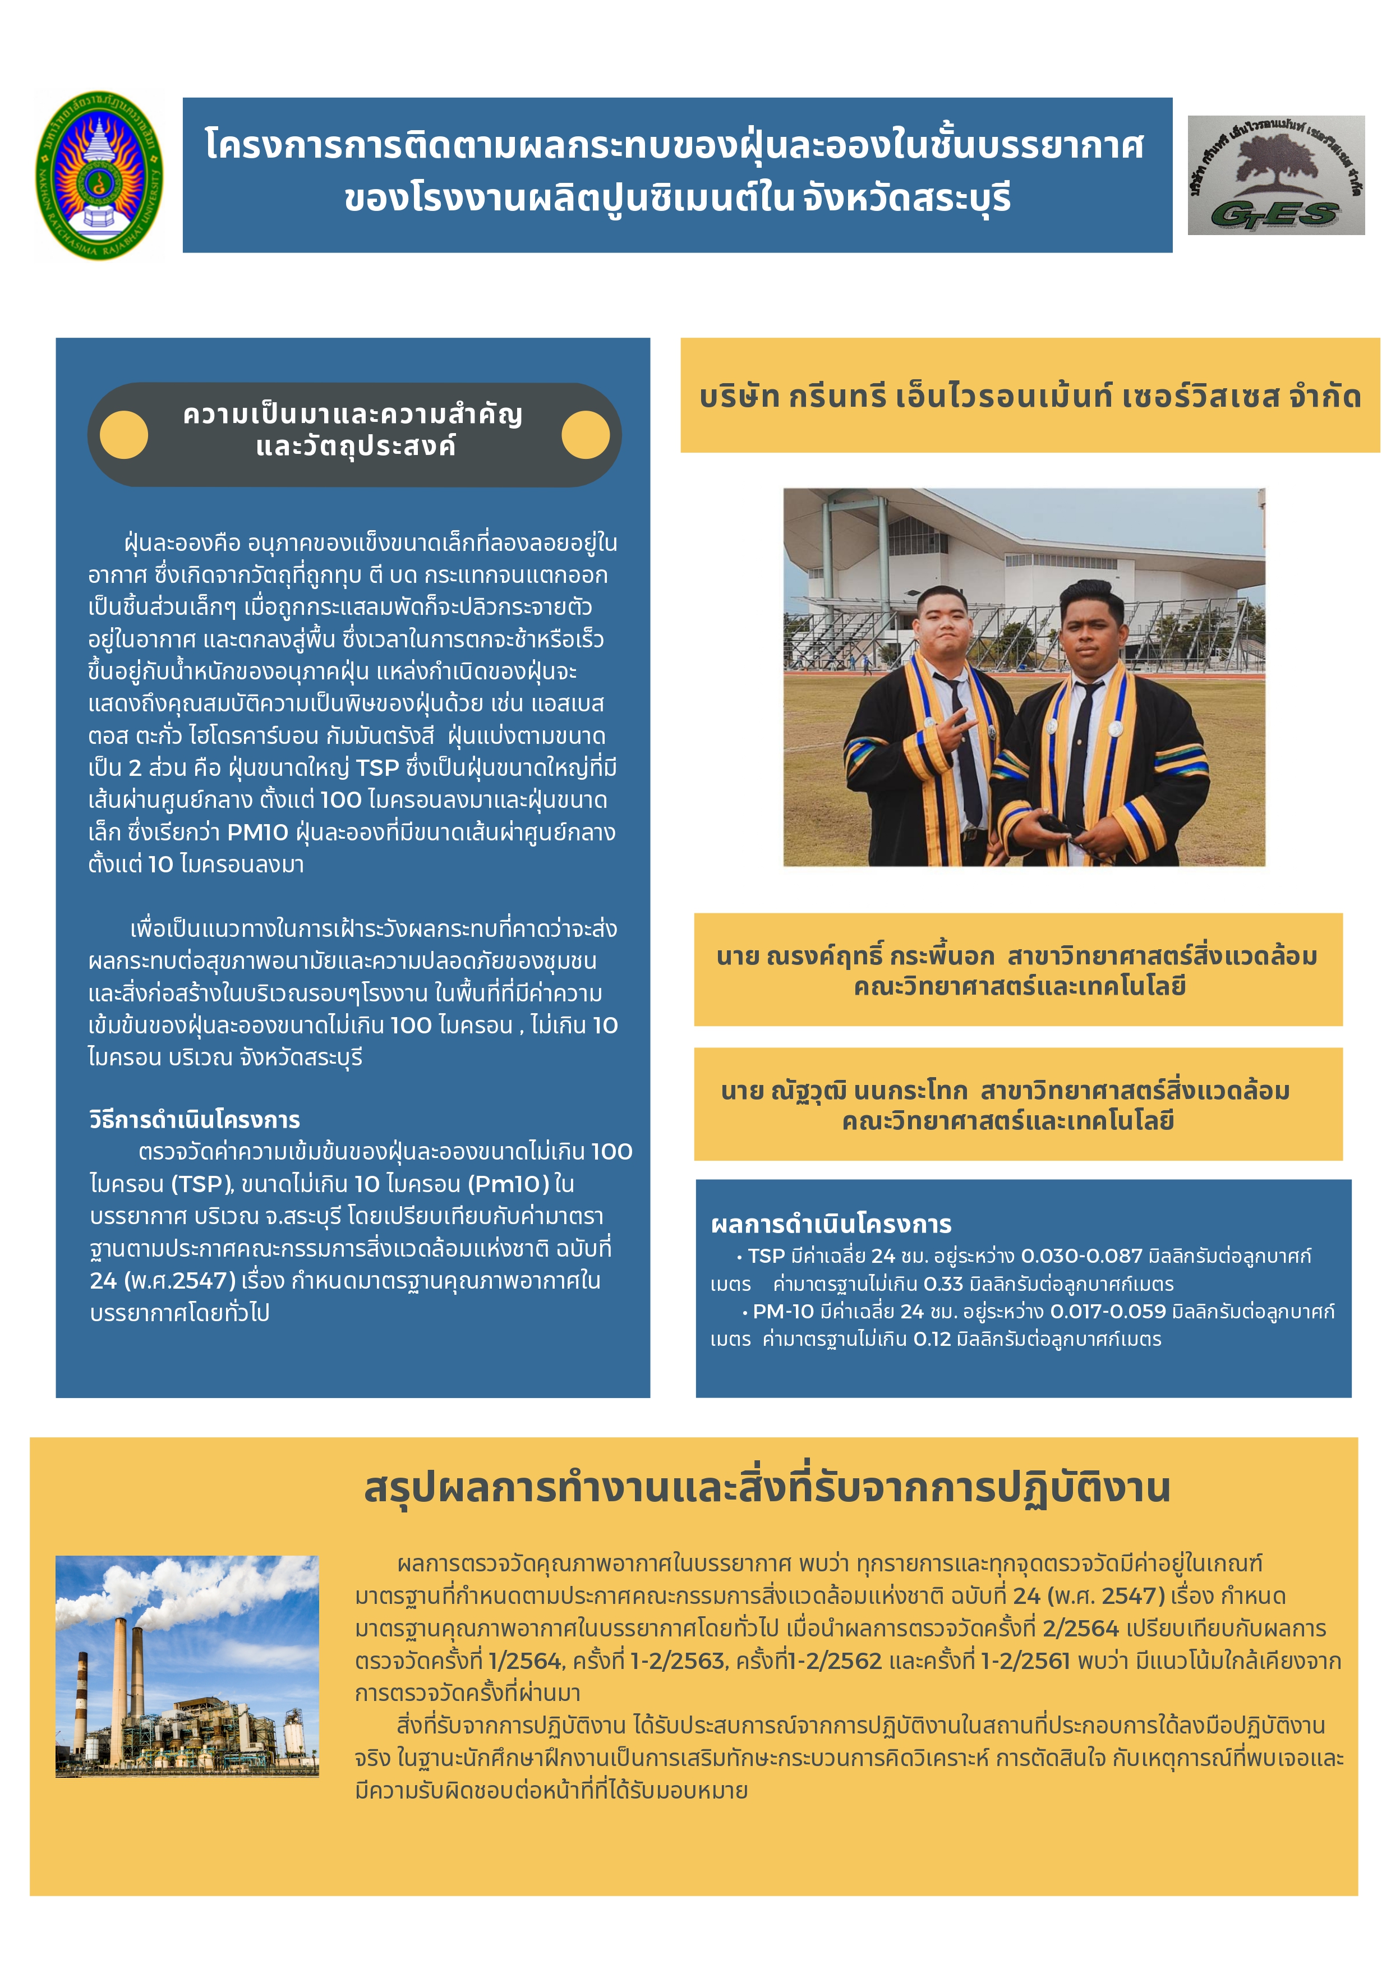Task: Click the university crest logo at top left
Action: tap(99, 176)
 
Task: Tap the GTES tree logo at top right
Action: tap(1275, 175)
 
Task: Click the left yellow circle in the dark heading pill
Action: tap(125, 435)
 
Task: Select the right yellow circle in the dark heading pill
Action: tap(586, 435)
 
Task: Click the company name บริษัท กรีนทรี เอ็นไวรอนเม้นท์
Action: tap(1029, 396)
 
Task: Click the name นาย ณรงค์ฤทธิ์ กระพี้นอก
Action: tap(855, 956)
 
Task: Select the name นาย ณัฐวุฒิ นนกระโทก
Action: tap(844, 1090)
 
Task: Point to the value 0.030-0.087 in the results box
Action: tap(1081, 1256)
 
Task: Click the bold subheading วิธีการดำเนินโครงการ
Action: tap(195, 1119)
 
